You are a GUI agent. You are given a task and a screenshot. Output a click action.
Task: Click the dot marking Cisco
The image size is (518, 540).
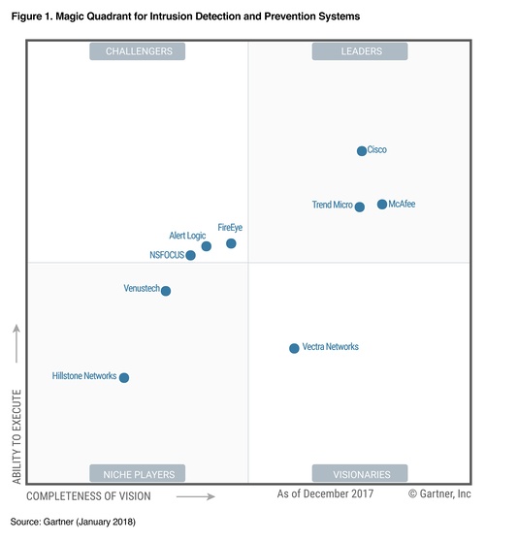362,151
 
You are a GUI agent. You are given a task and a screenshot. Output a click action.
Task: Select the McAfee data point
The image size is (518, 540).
382,205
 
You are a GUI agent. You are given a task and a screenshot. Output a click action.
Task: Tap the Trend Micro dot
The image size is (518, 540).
360,206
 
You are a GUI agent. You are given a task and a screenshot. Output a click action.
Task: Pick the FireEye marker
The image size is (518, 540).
231,243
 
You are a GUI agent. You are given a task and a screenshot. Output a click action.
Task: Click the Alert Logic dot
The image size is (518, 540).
207,246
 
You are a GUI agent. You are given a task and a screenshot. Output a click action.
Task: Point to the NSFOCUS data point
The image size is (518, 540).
191,256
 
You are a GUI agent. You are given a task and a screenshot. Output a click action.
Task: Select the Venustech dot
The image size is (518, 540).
166,291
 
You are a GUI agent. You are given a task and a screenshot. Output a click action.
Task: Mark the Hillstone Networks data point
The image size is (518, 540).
123,378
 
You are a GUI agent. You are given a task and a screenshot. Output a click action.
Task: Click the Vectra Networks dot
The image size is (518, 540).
294,348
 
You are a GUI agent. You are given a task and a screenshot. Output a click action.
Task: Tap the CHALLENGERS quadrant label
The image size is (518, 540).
138,51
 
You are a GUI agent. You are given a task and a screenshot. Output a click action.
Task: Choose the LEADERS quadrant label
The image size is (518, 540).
359,51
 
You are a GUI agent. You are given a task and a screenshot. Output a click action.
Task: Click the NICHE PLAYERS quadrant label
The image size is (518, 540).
138,474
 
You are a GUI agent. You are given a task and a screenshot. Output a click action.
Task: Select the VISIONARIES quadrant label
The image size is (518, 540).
359,474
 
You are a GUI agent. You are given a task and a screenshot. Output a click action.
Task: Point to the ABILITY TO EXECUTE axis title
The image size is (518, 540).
16,436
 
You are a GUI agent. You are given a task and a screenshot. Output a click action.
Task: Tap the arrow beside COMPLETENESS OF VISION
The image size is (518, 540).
196,496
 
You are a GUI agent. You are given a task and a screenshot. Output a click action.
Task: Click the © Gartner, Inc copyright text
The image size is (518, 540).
439,494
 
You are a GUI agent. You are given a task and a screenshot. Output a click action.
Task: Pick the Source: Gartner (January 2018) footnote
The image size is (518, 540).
74,522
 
